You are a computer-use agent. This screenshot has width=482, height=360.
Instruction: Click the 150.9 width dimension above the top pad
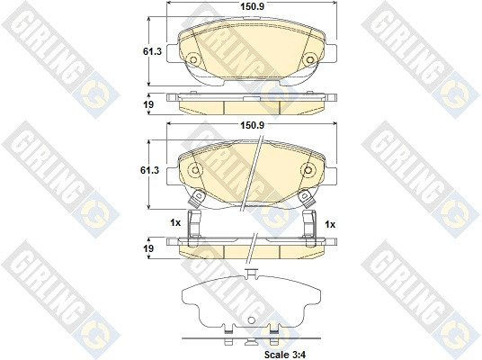click(x=252, y=6)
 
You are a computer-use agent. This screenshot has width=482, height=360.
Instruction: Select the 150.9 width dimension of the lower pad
click(x=252, y=125)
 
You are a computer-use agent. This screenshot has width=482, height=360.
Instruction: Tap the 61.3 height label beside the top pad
click(x=152, y=51)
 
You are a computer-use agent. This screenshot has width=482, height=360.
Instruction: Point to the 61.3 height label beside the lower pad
click(x=149, y=170)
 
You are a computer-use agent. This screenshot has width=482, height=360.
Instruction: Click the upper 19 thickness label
click(x=148, y=104)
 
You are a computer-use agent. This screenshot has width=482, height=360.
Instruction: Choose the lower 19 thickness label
click(x=148, y=248)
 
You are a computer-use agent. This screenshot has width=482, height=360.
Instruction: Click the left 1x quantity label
click(x=175, y=223)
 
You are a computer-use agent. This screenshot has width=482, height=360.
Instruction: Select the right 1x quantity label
click(x=330, y=225)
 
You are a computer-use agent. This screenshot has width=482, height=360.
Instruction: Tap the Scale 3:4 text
click(x=285, y=355)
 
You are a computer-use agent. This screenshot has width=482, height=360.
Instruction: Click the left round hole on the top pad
click(x=193, y=59)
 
